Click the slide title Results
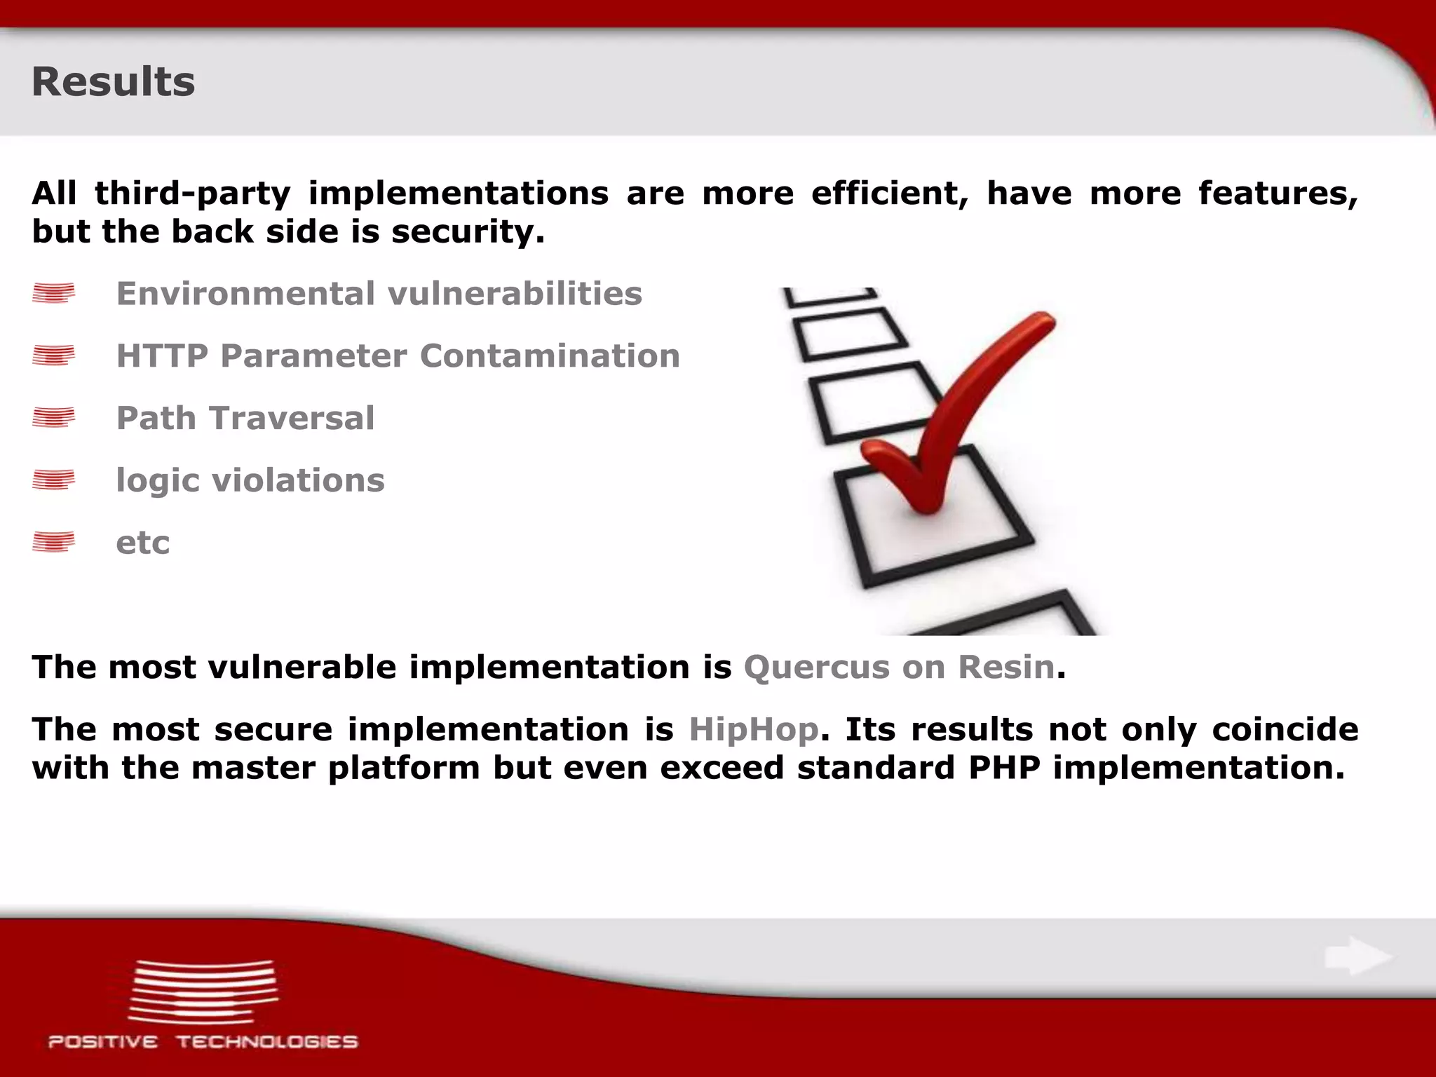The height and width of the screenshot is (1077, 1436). tap(113, 82)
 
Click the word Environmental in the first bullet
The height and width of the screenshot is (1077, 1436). tap(245, 294)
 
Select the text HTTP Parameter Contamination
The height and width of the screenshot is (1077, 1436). tap(398, 356)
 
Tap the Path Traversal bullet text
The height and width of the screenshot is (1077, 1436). tap(245, 419)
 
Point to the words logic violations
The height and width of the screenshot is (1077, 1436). tap(250, 481)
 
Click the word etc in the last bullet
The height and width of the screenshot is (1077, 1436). tap(142, 543)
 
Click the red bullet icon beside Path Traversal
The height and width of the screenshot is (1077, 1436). tap(53, 418)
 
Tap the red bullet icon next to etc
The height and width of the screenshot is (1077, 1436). tap(53, 542)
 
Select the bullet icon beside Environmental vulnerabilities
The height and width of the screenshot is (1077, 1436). tap(53, 293)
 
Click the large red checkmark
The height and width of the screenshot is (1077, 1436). tap(961, 414)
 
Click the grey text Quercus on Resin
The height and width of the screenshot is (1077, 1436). tap(899, 667)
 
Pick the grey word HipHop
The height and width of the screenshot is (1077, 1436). tap(753, 729)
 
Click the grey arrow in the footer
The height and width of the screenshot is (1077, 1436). tap(1357, 956)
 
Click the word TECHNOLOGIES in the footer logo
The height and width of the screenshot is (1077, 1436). tap(266, 1042)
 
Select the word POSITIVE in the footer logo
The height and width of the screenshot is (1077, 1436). tap(102, 1042)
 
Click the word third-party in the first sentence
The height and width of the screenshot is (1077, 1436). tap(192, 194)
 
